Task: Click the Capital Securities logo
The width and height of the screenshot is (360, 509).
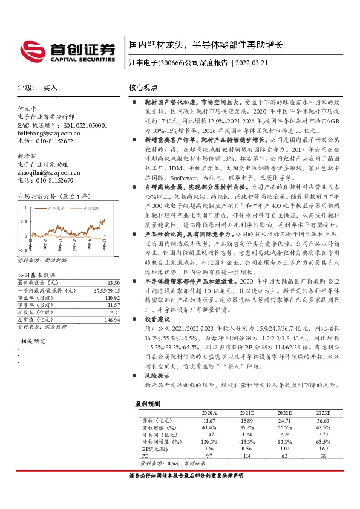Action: point(68,50)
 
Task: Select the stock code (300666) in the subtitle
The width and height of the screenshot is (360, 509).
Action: point(171,62)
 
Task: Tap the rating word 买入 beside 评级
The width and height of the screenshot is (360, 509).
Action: point(51,88)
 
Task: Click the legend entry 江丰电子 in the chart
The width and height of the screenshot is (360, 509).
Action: point(57,207)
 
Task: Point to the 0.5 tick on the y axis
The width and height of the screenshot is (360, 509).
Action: point(22,221)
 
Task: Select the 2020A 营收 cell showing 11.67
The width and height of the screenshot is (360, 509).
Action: point(209,419)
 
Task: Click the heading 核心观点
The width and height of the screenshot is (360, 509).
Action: point(144,88)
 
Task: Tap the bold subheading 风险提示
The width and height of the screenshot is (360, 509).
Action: point(155,375)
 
